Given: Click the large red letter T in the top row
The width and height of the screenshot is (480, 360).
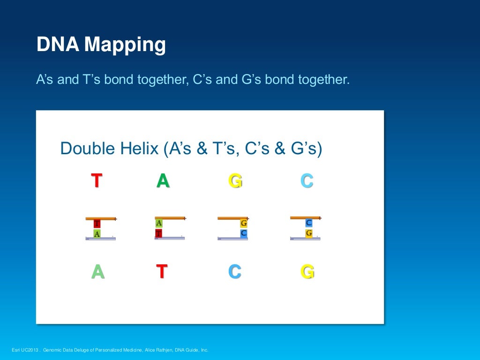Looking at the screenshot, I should tap(97, 180).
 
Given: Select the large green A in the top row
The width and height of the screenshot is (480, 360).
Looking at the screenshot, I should tap(163, 180).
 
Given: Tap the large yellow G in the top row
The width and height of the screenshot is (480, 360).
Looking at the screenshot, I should tap(235, 180).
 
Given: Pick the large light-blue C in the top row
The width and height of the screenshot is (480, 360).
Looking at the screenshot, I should tap(307, 180).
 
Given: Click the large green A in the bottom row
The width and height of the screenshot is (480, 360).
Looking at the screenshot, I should tap(97, 272).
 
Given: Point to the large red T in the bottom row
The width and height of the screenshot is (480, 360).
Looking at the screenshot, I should tap(162, 271).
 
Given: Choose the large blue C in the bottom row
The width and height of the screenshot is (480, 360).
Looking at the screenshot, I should tap(235, 272).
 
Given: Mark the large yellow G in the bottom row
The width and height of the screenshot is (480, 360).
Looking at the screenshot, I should tap(307, 272).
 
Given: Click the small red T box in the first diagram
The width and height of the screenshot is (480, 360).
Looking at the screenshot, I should tap(97, 224).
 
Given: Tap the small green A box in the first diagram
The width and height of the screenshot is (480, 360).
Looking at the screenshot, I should tap(97, 233).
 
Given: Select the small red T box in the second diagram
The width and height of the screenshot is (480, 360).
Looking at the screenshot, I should tap(159, 233).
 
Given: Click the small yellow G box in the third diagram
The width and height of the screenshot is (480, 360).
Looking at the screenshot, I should tap(244, 224).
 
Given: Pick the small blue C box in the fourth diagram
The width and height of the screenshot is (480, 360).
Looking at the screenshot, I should tap(309, 223).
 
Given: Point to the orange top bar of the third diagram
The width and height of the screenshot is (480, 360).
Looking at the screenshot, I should tap(232, 218).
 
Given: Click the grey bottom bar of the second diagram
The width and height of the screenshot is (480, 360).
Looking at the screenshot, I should tap(170, 239).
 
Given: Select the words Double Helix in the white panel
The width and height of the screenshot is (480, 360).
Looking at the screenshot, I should tap(110, 149).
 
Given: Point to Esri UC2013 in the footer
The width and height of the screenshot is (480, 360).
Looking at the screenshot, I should tap(25, 350).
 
